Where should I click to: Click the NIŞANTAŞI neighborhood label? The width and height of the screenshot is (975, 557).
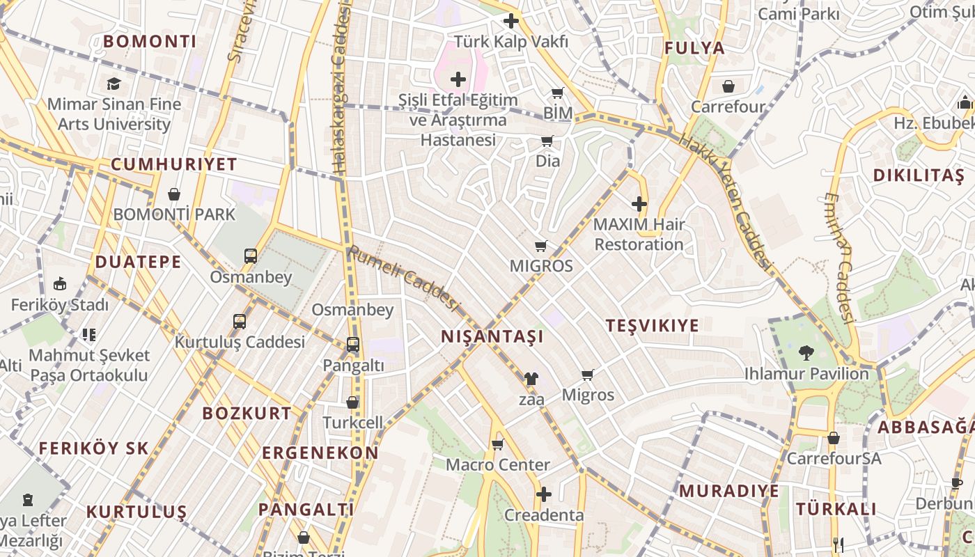492,337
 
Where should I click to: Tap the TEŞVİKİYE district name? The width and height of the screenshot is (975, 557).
652,326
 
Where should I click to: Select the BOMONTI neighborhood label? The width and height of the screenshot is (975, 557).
150,42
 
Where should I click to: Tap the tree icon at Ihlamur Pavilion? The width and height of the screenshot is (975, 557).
806,353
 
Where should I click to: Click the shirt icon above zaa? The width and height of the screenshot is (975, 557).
531,379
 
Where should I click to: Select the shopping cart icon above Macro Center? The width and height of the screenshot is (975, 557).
497,444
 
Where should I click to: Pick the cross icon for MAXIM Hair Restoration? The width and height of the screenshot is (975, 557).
639,204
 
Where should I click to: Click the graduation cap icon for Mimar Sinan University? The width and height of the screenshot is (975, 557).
113,84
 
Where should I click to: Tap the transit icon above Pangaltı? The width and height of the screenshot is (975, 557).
353,345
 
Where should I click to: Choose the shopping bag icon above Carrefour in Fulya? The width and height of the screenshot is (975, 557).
728,86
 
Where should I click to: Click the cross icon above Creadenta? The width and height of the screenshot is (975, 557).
544,494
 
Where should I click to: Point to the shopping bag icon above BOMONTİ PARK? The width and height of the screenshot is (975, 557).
174,194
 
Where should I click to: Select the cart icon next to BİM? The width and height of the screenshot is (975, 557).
557,93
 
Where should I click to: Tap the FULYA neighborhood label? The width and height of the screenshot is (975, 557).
694,48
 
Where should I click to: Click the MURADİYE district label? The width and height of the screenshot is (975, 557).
728,491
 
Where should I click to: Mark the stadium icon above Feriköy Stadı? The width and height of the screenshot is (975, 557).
60,284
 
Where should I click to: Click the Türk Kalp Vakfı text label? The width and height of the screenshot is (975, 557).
511,42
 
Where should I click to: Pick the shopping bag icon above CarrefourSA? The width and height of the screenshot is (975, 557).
833,438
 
